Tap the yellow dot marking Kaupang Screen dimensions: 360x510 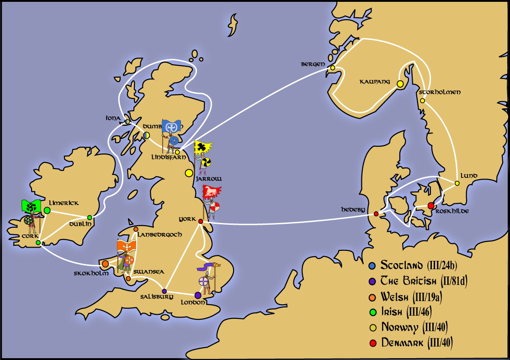pyautogui.click(x=400, y=84)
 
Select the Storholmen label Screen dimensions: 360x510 pyautogui.click(x=440, y=92)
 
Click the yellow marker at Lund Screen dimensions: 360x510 pyautogui.click(x=457, y=183)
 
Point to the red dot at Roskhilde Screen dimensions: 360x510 pyautogui.click(x=430, y=206)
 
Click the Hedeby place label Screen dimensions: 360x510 pyautogui.click(x=353, y=209)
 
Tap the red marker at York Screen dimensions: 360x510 pyautogui.click(x=200, y=222)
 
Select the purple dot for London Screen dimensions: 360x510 pyautogui.click(x=198, y=295)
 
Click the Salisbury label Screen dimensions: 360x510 pyautogui.click(x=157, y=297)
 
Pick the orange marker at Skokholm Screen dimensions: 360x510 pyautogui.click(x=106, y=264)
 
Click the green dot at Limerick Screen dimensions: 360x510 pyautogui.click(x=47, y=210)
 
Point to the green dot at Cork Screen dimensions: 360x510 pyautogui.click(x=38, y=243)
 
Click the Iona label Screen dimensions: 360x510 pyautogui.click(x=112, y=118)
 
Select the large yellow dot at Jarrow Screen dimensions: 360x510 pyautogui.click(x=188, y=173)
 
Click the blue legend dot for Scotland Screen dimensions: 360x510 pyautogui.click(x=373, y=265)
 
